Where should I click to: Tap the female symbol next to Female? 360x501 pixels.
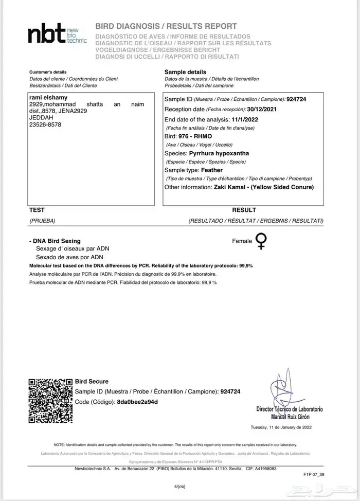tap(261, 241)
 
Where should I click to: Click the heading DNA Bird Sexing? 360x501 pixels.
tap(57, 241)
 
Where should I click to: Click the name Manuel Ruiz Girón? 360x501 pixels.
tap(289, 415)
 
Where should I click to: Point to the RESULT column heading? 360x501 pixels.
tap(244, 210)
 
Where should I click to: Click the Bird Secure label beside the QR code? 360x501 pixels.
tap(92, 381)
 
